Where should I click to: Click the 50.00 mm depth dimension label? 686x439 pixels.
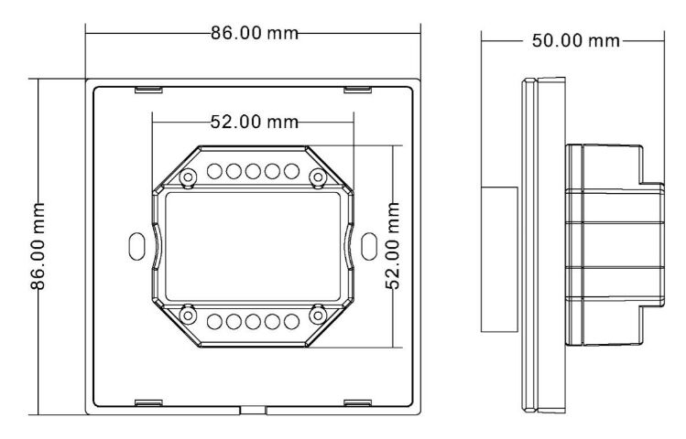coord(576,40)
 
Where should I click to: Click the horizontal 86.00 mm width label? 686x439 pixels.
coord(255,33)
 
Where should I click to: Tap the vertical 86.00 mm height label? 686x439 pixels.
coord(38,246)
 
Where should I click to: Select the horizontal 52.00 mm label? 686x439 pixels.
coord(255,122)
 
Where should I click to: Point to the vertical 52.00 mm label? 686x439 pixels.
coord(393,246)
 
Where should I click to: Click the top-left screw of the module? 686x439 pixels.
coord(188,177)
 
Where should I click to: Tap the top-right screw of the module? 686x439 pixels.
coord(318,177)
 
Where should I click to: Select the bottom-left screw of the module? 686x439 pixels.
coord(188,315)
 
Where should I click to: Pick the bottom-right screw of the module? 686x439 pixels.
coord(318,315)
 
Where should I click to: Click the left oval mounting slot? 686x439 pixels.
coord(137,246)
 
